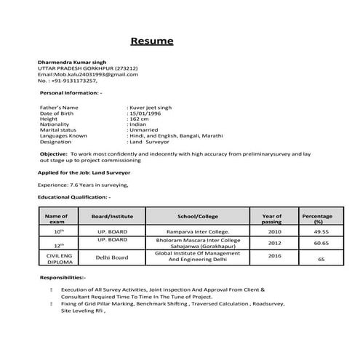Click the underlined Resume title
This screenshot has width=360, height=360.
point(151,41)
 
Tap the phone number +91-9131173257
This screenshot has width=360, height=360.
point(73,81)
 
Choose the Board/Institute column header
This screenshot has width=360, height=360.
point(112,217)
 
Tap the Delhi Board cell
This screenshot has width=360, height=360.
point(112,257)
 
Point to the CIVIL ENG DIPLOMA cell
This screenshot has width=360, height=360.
point(56,257)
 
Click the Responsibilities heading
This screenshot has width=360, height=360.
point(63,279)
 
